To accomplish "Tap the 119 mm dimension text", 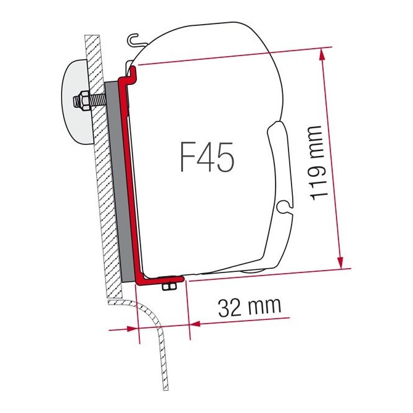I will point(316,162).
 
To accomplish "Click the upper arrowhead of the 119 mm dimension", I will point(321,55).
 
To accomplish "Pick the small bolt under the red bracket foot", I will point(167,287).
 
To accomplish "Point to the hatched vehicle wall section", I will point(102,185).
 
